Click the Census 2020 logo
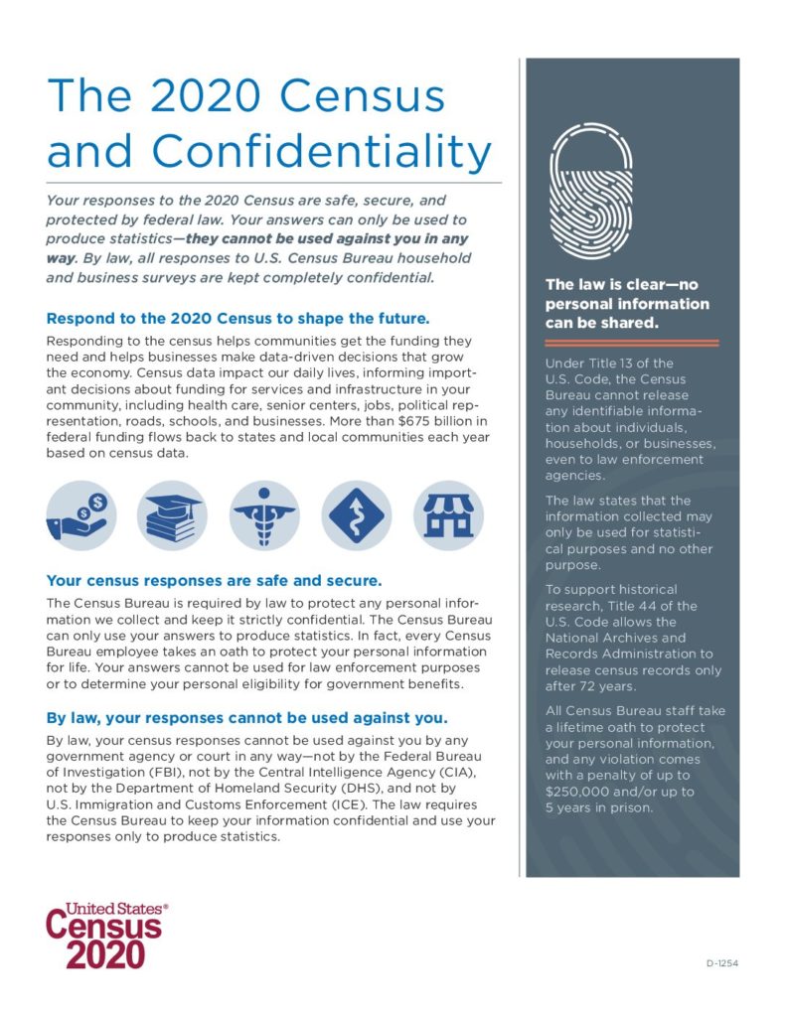pyautogui.click(x=105, y=935)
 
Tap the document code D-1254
pyautogui.click(x=721, y=963)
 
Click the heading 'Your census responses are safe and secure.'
pyautogui.click(x=215, y=579)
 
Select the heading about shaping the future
pyautogui.click(x=237, y=319)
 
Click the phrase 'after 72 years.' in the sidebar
pyautogui.click(x=592, y=684)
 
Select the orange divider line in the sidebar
pyautogui.click(x=632, y=342)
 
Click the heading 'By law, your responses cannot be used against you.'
pyautogui.click(x=247, y=717)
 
